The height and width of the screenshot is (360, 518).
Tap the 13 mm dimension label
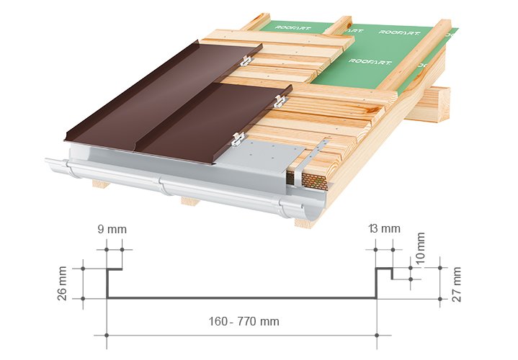tap(384, 230)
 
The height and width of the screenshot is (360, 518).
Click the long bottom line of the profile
tap(241, 297)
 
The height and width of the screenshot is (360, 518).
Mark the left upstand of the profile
tap(107, 284)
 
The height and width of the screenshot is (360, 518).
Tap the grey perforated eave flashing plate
tap(263, 155)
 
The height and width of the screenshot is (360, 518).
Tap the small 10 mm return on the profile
tap(392, 274)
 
